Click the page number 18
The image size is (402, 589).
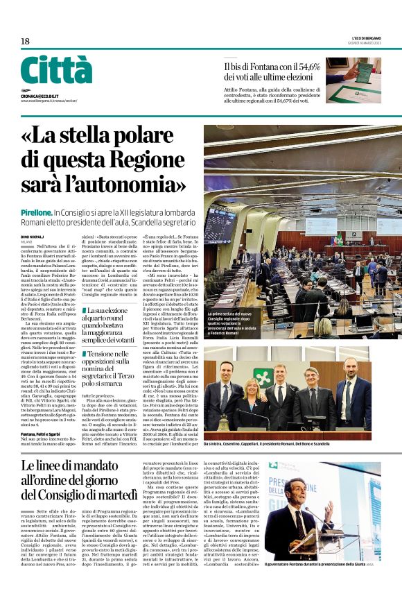(25, 42)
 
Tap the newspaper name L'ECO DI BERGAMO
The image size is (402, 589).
(363, 37)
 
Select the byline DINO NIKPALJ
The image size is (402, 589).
(32, 238)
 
